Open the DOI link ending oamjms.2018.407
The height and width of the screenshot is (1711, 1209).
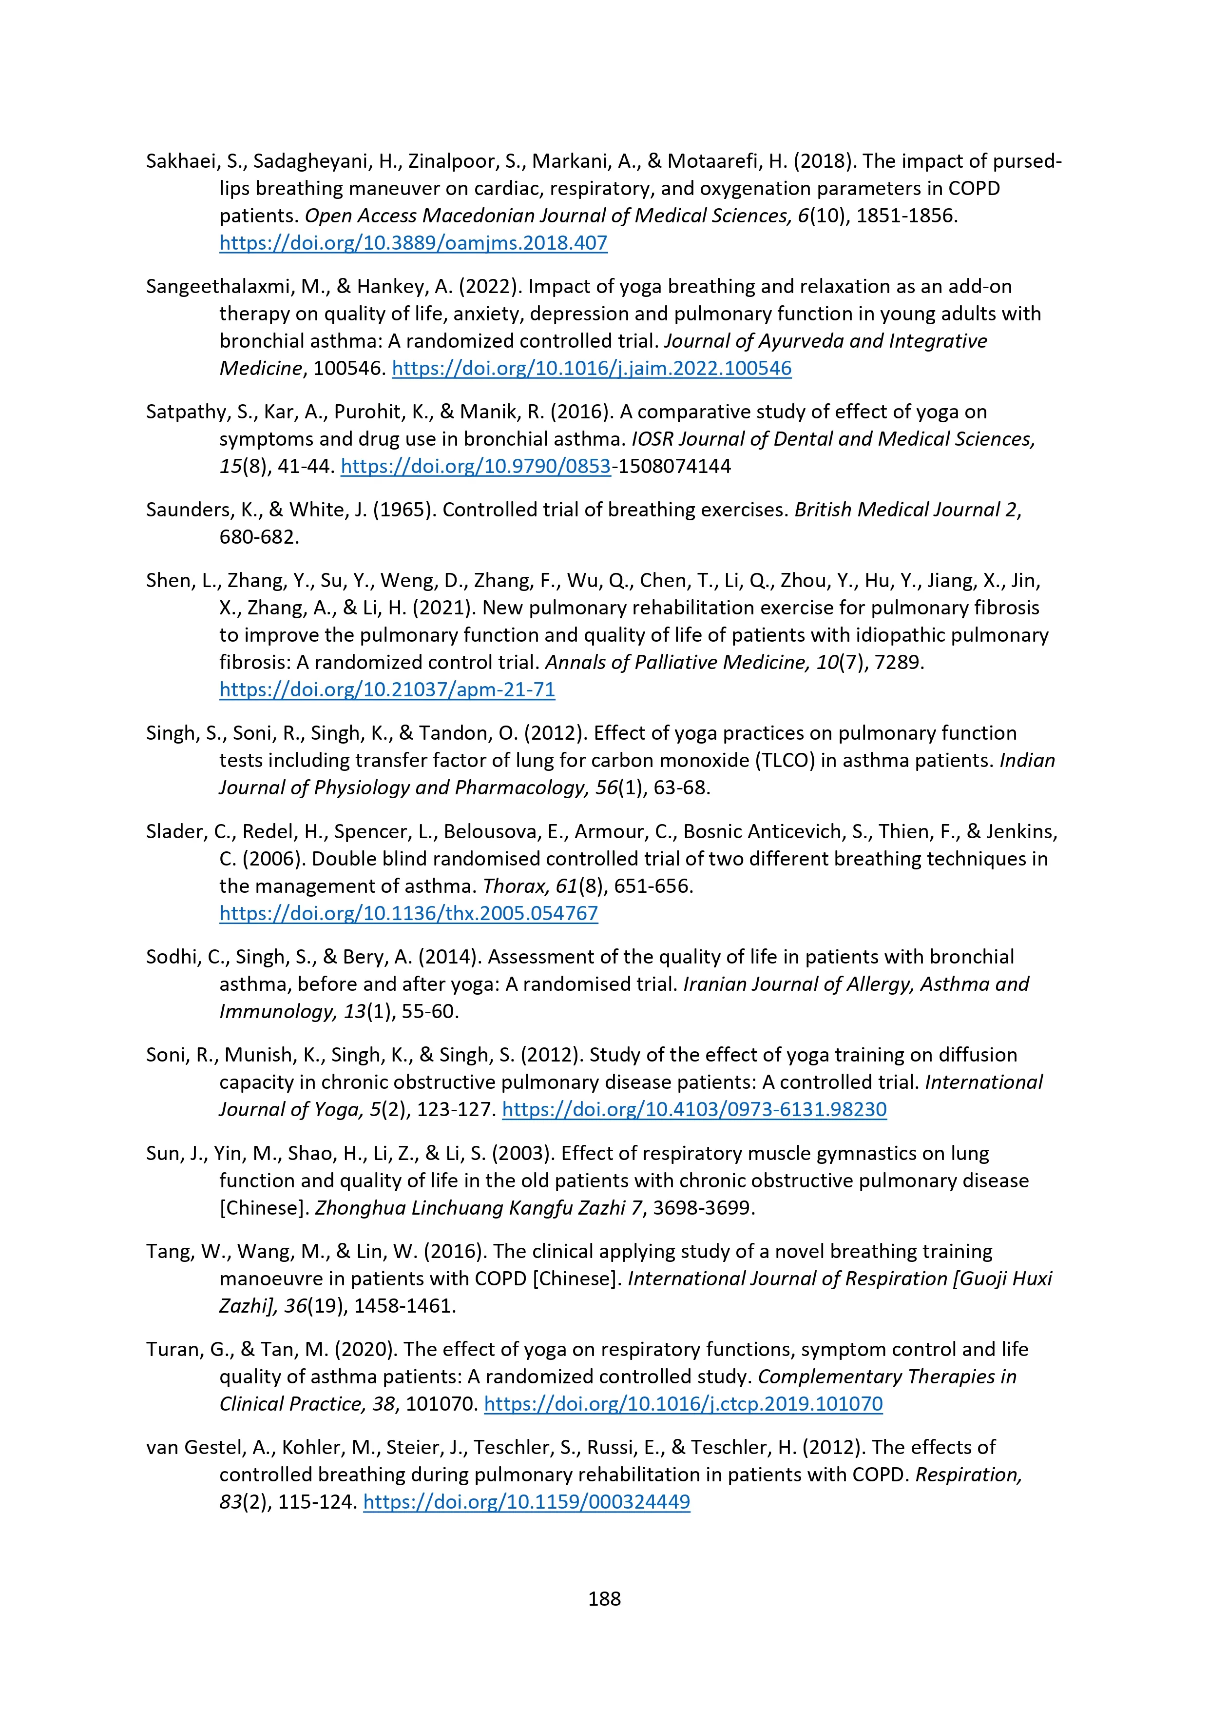(413, 243)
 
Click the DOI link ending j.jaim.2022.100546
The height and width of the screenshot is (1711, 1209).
(592, 368)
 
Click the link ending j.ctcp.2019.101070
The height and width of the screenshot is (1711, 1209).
(683, 1403)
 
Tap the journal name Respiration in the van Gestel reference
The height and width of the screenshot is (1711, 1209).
(967, 1475)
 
